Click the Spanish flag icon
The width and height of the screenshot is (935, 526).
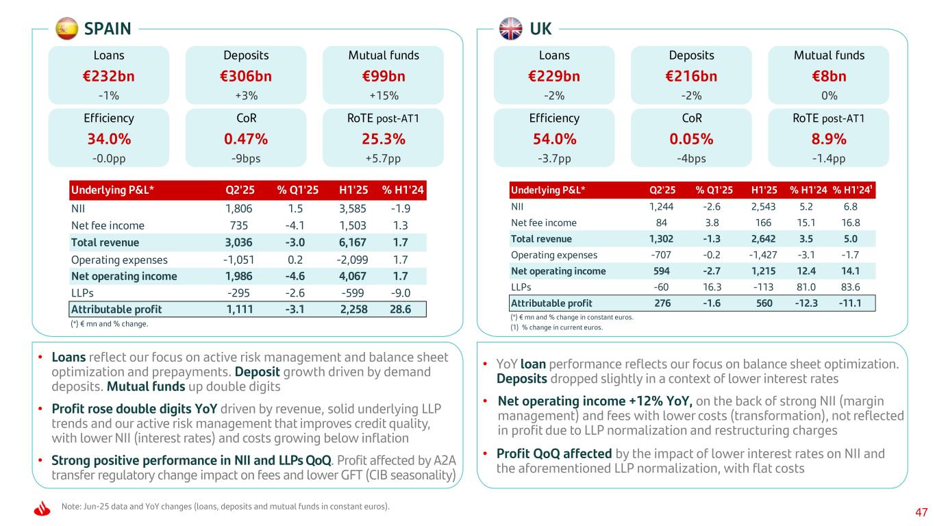66,28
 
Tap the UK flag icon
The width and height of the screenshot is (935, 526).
511,28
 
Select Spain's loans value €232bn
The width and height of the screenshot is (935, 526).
108,75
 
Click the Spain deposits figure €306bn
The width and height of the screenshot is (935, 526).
246,75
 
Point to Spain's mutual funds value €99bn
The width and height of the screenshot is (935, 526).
382,75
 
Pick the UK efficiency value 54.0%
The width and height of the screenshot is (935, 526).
554,138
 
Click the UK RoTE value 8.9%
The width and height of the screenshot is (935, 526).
828,138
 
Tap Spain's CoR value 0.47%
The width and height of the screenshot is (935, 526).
246,138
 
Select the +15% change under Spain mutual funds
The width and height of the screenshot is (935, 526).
382,95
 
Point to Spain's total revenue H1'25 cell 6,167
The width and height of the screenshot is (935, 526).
353,242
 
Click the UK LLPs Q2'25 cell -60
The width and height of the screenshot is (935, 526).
662,287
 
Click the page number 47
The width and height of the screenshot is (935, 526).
921,512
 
